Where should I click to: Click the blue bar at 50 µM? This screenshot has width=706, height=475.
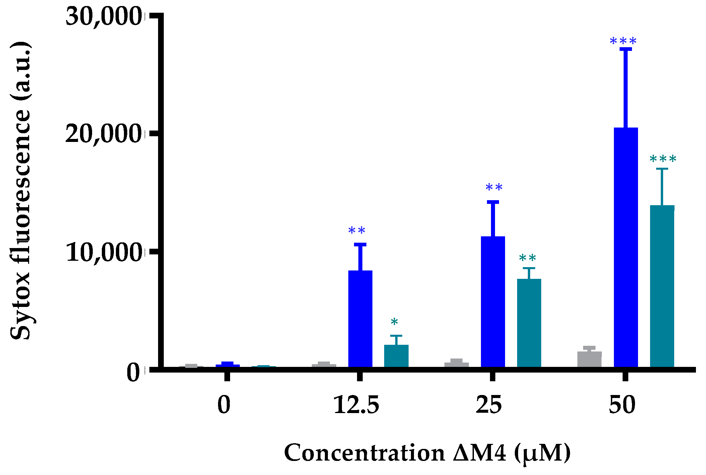pyautogui.click(x=626, y=248)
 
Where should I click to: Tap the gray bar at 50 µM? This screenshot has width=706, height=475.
pyautogui.click(x=589, y=359)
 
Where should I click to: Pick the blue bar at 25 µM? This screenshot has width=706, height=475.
pyautogui.click(x=493, y=301)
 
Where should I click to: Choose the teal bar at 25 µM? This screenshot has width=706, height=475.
pyautogui.click(x=529, y=323)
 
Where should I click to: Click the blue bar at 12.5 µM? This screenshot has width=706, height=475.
pyautogui.click(x=360, y=318)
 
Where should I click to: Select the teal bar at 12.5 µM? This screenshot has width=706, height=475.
pyautogui.click(x=396, y=356)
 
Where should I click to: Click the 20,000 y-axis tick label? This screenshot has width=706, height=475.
pyautogui.click(x=103, y=134)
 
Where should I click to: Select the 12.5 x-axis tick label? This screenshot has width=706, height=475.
pyautogui.click(x=356, y=405)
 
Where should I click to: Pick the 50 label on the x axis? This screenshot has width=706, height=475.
pyautogui.click(x=622, y=405)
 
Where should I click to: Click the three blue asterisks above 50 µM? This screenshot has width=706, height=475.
pyautogui.click(x=623, y=42)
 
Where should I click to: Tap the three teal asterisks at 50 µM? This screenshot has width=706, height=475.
pyautogui.click(x=663, y=159)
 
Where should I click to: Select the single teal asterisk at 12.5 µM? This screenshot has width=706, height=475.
pyautogui.click(x=394, y=322)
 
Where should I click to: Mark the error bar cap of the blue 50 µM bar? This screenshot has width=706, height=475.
pyautogui.click(x=626, y=49)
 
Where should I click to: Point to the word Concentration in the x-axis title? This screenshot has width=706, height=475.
pyautogui.click(x=364, y=453)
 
